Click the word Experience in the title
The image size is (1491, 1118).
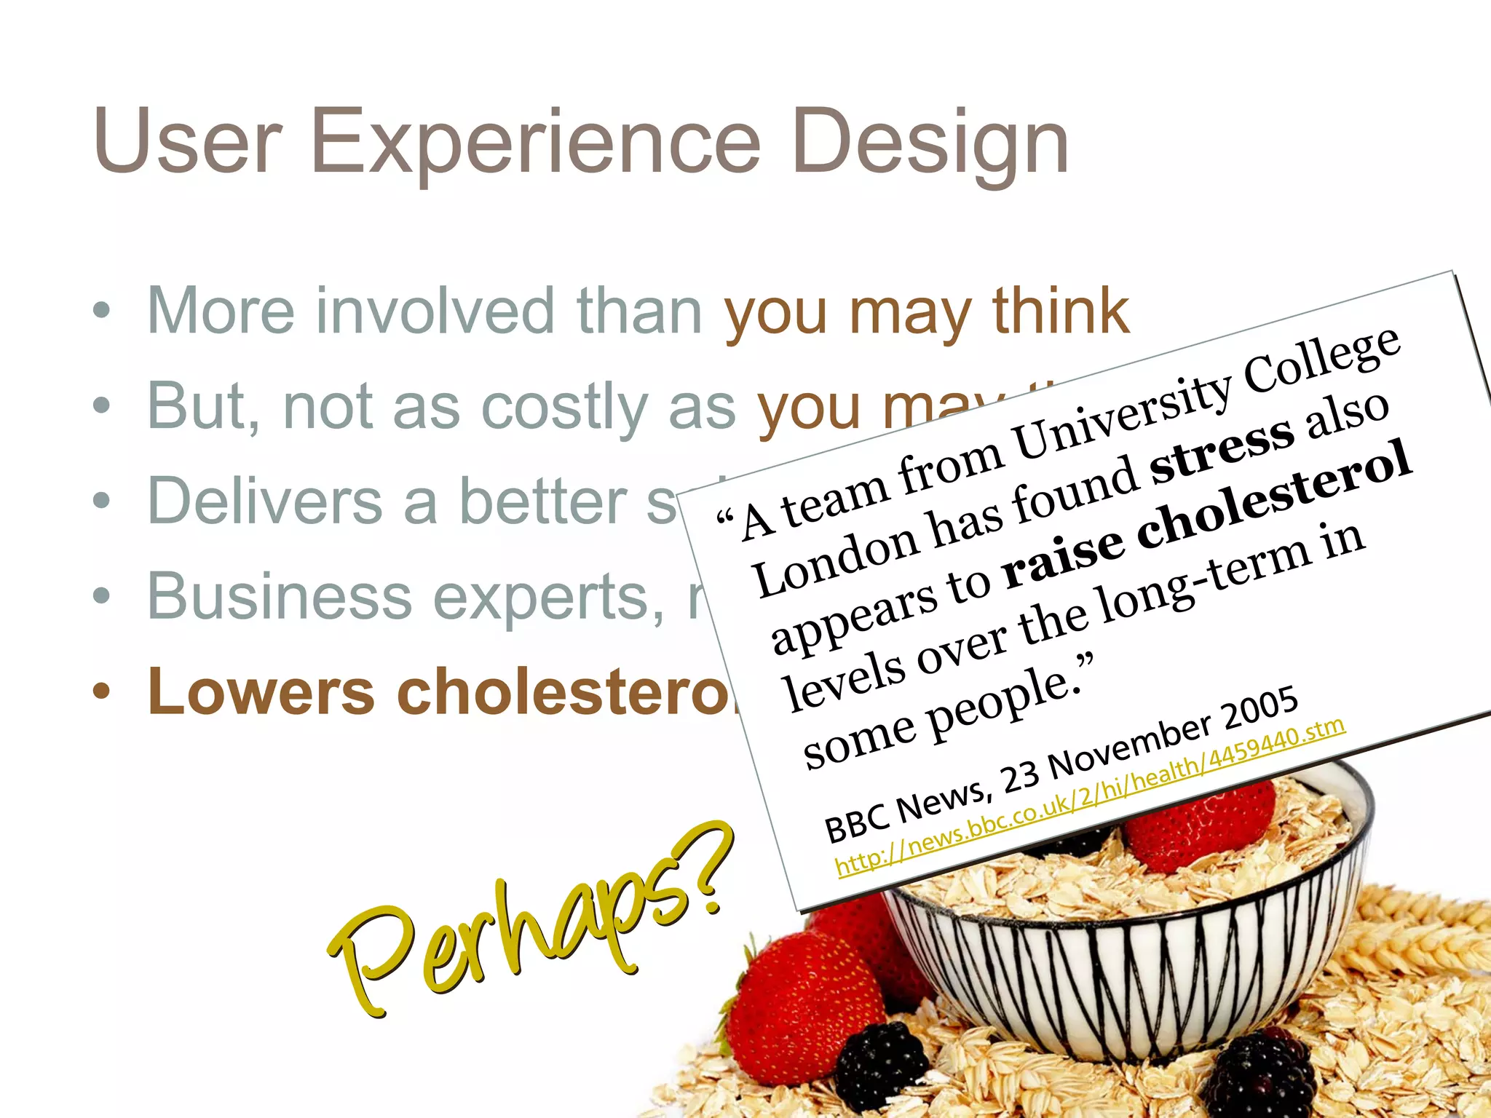pos(535,142)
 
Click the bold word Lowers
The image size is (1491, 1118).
pos(261,691)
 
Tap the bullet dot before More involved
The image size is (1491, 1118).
pos(102,312)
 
